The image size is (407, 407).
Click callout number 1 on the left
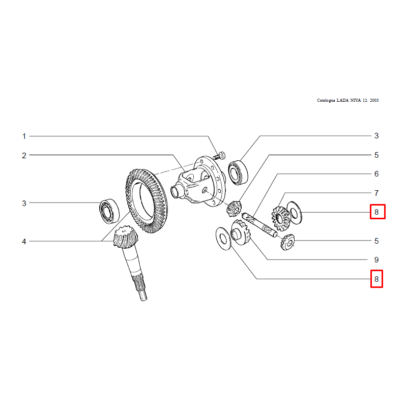pyautogui.click(x=24, y=136)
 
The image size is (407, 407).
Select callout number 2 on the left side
pyautogui.click(x=24, y=156)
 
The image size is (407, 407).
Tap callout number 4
pyautogui.click(x=24, y=242)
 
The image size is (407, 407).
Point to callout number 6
pyautogui.click(x=376, y=174)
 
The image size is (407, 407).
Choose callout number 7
pyautogui.click(x=376, y=193)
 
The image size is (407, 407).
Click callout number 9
pyautogui.click(x=376, y=260)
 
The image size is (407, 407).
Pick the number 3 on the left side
pyautogui.click(x=24, y=203)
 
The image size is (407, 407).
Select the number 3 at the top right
pyautogui.click(x=376, y=136)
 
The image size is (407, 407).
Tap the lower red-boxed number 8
pyautogui.click(x=376, y=279)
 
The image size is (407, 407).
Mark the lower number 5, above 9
pyautogui.click(x=376, y=241)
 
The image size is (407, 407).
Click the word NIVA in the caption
pyautogui.click(x=355, y=100)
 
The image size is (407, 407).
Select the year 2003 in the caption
pyautogui.click(x=374, y=100)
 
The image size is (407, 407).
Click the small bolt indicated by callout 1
pyautogui.click(x=219, y=156)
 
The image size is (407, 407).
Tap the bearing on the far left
pyautogui.click(x=109, y=211)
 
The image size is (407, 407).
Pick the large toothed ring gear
pyautogui.click(x=147, y=200)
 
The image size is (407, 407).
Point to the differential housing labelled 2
pyautogui.click(x=198, y=181)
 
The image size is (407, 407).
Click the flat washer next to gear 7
pyautogui.click(x=295, y=213)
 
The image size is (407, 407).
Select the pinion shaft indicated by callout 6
pyautogui.click(x=259, y=225)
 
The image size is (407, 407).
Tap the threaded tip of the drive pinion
pyautogui.click(x=143, y=296)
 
